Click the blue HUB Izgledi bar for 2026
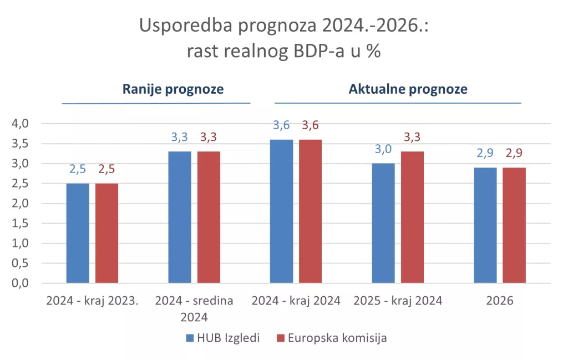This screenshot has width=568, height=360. [x=485, y=225]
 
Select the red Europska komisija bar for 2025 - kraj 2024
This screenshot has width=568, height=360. [x=412, y=217]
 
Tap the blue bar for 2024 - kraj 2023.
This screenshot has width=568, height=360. [x=78, y=233]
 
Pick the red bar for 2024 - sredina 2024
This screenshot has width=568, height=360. [x=209, y=217]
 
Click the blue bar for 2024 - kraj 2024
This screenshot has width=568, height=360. [x=281, y=211]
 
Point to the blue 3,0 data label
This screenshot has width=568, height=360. [x=383, y=149]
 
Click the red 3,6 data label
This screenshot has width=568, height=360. [x=310, y=125]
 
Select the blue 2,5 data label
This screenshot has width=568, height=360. [x=78, y=169]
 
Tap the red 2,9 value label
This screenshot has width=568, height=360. [x=514, y=154]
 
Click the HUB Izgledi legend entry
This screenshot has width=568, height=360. [x=222, y=338]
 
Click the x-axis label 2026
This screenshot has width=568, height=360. [x=500, y=301]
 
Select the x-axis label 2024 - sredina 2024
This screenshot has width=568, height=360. [x=194, y=309]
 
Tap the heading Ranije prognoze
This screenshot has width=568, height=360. [x=173, y=89]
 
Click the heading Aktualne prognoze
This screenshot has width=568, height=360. [x=408, y=89]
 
